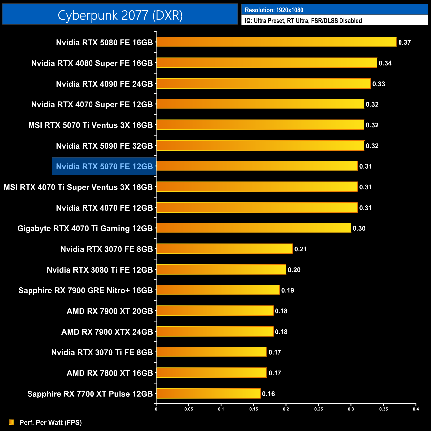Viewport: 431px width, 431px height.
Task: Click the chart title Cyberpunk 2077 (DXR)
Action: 120,15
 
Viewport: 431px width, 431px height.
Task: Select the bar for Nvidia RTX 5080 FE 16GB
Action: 277,42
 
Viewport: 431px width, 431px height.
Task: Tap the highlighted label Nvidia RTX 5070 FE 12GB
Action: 104,166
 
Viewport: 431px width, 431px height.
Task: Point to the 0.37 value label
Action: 404,42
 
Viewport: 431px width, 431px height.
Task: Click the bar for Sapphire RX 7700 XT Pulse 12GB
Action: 208,393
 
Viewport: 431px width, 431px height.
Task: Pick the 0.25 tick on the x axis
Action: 318,409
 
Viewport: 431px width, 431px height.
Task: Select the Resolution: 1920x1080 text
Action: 274,10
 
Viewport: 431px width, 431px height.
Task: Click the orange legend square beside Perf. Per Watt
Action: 11,422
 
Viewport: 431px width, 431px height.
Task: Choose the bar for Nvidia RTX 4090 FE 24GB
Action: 264,84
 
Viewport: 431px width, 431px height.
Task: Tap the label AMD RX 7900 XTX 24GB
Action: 107,332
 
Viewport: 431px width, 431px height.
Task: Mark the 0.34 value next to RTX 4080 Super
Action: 385,63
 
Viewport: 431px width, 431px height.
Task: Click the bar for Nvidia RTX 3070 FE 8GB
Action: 224,249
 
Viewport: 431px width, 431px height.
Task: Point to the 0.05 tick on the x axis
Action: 189,409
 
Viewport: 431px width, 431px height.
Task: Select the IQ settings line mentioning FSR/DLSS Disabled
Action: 303,21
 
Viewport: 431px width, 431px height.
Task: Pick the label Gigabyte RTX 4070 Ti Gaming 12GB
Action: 85,228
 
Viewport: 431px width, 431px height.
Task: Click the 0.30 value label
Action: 359,228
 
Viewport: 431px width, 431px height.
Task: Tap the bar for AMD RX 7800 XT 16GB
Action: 212,373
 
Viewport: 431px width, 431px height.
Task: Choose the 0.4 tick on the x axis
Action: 416,409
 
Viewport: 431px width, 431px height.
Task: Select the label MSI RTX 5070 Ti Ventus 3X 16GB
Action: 90,125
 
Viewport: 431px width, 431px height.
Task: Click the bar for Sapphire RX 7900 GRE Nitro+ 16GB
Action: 218,290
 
